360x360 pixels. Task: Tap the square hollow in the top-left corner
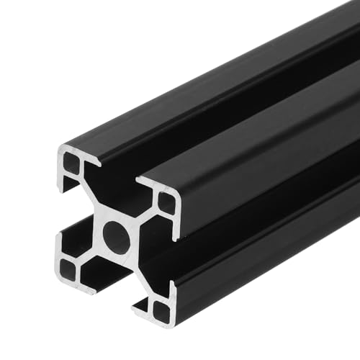click(x=72, y=165)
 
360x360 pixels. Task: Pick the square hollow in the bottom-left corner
click(x=68, y=268)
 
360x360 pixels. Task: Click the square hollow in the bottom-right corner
click(x=162, y=310)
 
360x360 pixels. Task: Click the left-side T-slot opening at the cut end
click(x=69, y=216)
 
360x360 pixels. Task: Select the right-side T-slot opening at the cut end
click(x=162, y=256)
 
